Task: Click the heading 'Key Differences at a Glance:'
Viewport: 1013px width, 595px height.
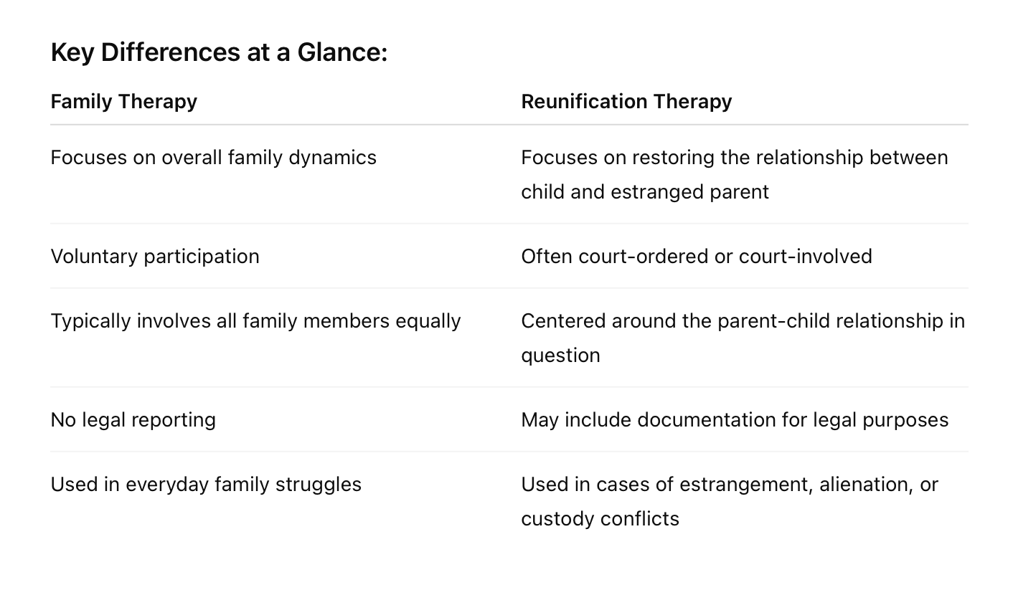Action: click(219, 53)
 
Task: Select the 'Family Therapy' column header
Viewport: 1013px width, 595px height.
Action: click(123, 102)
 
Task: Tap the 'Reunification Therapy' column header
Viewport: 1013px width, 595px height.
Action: click(626, 102)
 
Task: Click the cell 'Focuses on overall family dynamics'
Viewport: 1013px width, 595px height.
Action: click(213, 158)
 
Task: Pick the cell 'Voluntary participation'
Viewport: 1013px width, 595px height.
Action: click(155, 257)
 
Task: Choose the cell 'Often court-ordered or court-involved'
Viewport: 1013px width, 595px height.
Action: click(696, 257)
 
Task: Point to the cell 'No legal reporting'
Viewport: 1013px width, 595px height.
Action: click(133, 420)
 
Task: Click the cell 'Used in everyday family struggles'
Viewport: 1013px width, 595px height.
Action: click(206, 485)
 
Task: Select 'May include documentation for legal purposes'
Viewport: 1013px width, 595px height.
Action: click(735, 420)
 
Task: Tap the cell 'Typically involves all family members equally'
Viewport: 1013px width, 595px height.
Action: click(255, 321)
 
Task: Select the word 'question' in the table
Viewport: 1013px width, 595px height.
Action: click(560, 356)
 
